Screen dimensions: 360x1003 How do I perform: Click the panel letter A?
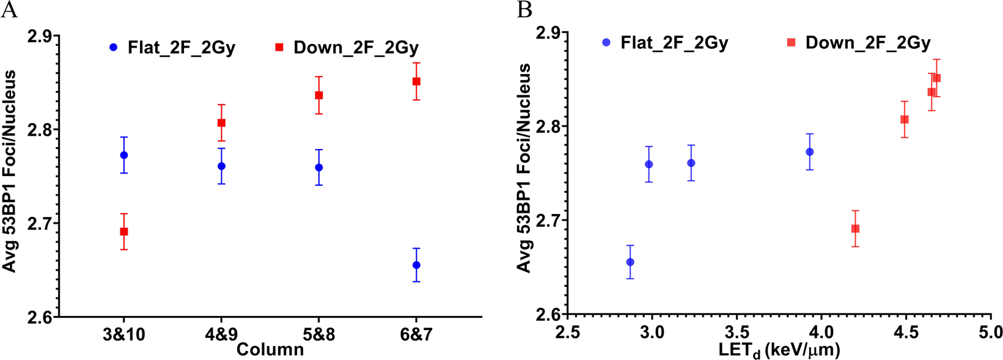pos(9,10)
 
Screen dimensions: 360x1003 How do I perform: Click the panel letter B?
pos(524,10)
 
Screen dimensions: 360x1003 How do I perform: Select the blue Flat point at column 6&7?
pos(416,265)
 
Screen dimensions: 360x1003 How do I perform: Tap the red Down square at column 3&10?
pos(124,232)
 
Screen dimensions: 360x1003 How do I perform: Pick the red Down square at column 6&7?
pos(416,81)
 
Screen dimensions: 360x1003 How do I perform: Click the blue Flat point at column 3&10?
pos(124,155)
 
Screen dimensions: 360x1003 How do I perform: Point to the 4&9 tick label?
pos(221,335)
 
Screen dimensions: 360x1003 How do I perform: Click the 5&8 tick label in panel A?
pos(318,335)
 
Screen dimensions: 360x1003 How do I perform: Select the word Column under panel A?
pos(270,350)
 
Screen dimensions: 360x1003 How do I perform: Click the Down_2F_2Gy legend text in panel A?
pos(356,48)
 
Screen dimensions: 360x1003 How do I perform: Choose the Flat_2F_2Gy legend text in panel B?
pos(674,43)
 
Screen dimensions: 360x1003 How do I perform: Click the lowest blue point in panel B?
pos(630,262)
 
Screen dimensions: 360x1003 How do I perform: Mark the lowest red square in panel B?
pos(855,229)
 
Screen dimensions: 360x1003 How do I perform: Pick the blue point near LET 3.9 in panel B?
pos(810,152)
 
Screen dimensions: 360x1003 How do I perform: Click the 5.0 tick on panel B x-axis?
pos(990,332)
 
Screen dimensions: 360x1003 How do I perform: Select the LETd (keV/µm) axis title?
pos(779,350)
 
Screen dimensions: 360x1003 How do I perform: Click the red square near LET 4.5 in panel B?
pos(905,119)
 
